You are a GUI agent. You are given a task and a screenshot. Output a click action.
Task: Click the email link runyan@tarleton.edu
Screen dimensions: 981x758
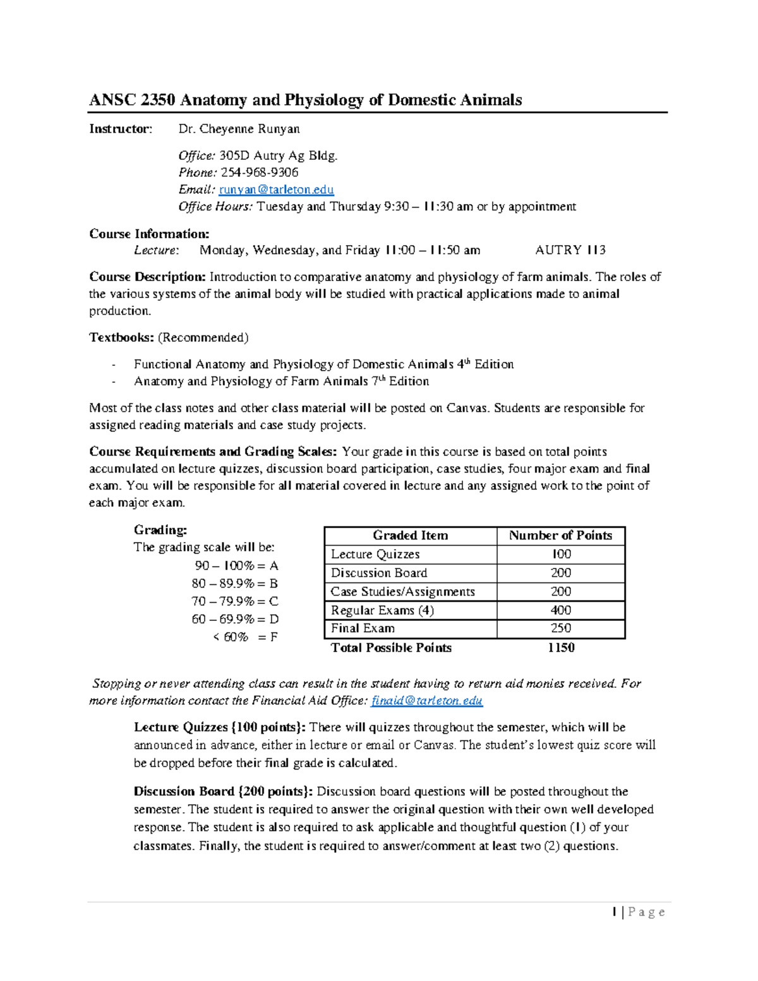click(276, 190)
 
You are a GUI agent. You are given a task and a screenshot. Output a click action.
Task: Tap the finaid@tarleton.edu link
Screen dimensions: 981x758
click(427, 701)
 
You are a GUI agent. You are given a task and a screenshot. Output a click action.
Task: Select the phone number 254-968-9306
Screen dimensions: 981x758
click(259, 172)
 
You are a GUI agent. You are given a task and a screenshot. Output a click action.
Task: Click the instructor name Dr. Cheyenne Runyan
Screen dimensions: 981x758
click(239, 129)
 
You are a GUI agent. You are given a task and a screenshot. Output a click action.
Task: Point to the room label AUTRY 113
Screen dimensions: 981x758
click(570, 250)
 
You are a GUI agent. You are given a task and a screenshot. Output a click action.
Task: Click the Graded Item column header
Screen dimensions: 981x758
click(410, 536)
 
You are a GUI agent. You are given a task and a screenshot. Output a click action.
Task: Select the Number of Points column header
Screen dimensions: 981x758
click(560, 536)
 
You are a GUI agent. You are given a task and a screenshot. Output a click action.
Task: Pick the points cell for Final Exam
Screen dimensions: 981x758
click(560, 629)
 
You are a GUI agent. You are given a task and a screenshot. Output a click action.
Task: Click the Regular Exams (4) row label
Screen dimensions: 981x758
click(382, 610)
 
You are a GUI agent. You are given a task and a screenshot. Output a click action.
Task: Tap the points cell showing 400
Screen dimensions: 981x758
click(560, 610)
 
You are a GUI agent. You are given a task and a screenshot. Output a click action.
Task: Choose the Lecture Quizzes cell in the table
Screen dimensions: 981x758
click(375, 554)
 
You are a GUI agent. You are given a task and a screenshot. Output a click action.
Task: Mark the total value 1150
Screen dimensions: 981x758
click(561, 647)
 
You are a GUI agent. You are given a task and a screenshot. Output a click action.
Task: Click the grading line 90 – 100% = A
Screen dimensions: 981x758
click(236, 565)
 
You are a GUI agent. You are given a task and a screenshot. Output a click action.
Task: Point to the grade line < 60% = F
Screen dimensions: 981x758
click(245, 637)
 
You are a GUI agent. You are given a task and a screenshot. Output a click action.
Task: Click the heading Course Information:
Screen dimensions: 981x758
click(149, 234)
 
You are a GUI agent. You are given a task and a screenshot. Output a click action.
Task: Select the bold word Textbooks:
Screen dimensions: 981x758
click(121, 337)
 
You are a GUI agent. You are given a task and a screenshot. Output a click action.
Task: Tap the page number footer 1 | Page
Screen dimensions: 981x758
click(638, 912)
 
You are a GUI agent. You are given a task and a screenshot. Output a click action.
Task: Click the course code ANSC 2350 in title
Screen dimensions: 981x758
click(132, 100)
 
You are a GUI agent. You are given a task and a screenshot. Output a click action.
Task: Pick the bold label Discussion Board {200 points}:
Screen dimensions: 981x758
click(223, 791)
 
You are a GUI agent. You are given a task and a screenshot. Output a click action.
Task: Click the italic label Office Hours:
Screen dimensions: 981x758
click(215, 207)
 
